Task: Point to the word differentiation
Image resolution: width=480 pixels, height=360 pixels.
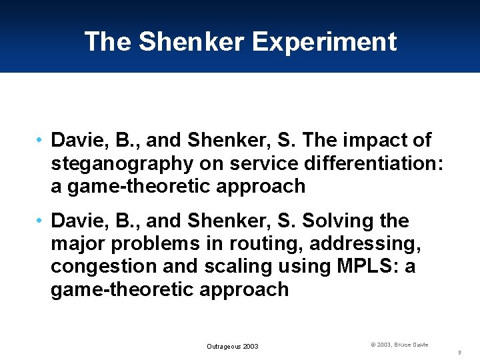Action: pos(366,163)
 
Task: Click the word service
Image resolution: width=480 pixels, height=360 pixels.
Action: pos(251,163)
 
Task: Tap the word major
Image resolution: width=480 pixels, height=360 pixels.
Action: pos(79,243)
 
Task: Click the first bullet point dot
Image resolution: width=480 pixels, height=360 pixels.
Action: pos(41,141)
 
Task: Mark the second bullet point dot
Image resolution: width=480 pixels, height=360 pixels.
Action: pos(41,221)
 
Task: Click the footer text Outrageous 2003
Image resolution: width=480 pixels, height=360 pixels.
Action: pos(233,346)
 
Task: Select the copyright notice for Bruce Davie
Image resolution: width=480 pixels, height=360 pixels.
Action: pos(399,344)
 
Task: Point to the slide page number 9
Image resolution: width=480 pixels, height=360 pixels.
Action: pos(461,351)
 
